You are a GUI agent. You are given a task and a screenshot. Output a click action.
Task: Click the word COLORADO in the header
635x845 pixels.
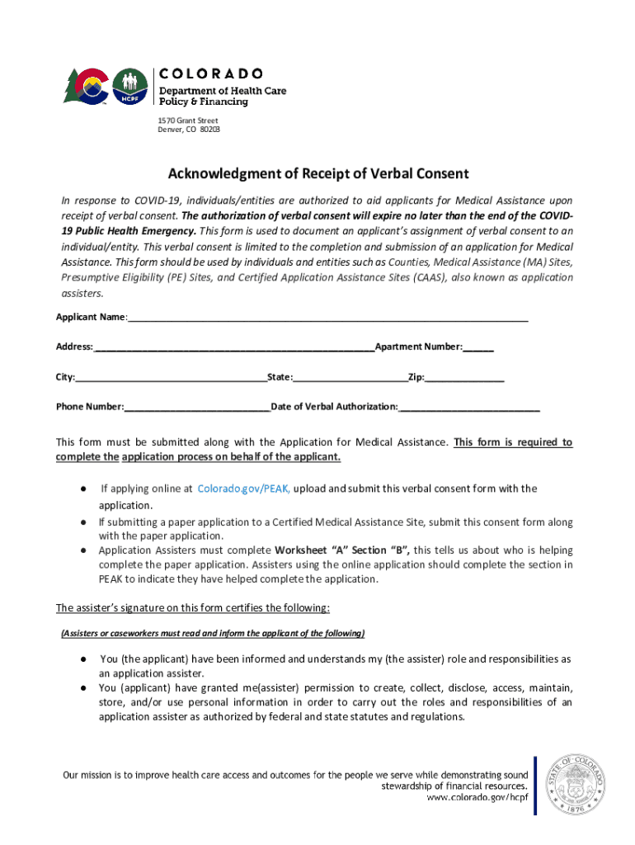click(210, 73)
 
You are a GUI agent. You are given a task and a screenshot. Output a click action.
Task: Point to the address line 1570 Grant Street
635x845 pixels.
click(188, 120)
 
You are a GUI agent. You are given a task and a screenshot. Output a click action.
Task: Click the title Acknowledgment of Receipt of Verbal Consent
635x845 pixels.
click(318, 174)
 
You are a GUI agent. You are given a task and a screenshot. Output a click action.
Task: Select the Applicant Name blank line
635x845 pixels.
click(327, 319)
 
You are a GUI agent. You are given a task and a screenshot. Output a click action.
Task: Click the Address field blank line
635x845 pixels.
click(234, 348)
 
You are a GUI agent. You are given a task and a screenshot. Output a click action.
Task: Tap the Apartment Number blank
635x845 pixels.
click(478, 348)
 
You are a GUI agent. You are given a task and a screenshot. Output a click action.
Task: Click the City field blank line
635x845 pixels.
click(171, 379)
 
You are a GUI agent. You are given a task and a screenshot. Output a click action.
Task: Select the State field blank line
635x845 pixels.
click(350, 379)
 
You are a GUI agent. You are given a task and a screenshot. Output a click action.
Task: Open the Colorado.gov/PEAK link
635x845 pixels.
click(243, 489)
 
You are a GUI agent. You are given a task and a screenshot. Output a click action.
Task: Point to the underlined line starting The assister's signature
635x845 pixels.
click(193, 609)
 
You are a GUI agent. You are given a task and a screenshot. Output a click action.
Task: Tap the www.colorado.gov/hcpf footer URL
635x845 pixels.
click(477, 798)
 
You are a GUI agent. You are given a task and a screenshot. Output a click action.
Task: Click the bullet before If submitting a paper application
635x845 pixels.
click(84, 522)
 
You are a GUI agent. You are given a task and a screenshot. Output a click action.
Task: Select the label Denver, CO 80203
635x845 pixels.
click(189, 130)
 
